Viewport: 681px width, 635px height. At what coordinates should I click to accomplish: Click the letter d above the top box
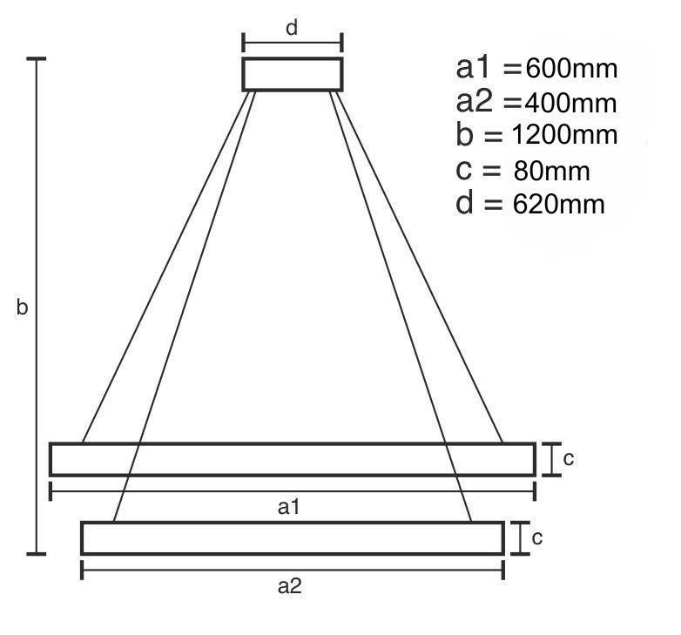click(292, 28)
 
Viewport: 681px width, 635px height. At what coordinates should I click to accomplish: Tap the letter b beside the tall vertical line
click(22, 307)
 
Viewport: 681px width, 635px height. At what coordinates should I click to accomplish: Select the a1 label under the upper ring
click(289, 507)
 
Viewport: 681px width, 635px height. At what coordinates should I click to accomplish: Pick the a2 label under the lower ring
click(290, 586)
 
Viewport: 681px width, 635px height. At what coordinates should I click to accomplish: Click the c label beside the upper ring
click(569, 459)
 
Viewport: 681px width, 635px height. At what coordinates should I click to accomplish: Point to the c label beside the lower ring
click(537, 538)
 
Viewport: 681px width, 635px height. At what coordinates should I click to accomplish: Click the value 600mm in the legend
click(571, 69)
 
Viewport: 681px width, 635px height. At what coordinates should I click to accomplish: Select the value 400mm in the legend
click(570, 104)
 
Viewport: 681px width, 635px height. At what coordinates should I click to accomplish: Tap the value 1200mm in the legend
click(564, 135)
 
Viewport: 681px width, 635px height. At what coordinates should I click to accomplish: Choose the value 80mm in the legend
click(551, 171)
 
